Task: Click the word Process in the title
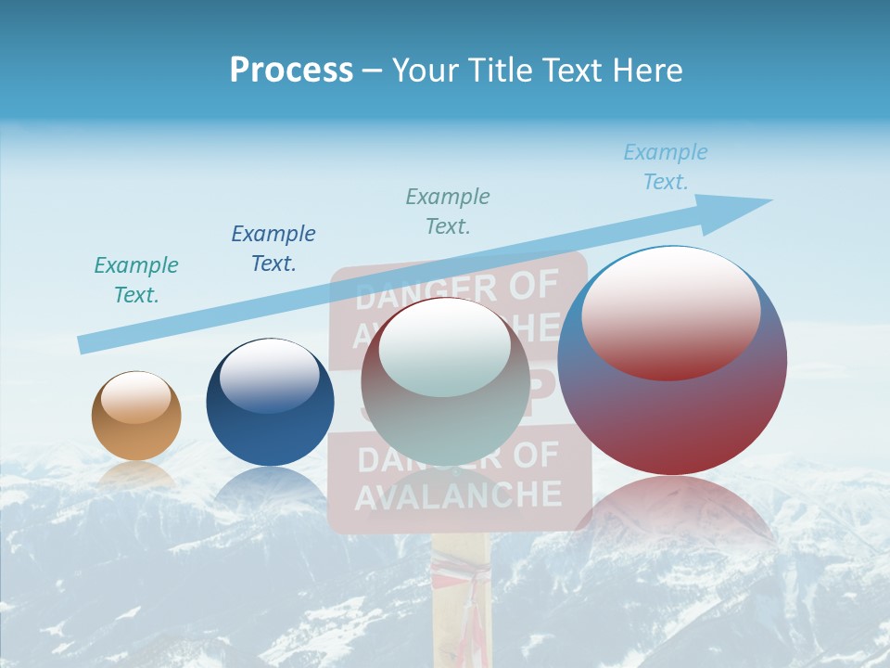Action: coord(291,70)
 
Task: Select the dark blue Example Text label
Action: coord(273,248)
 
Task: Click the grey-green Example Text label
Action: coord(448,211)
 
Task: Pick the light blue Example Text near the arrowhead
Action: coord(666,167)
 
